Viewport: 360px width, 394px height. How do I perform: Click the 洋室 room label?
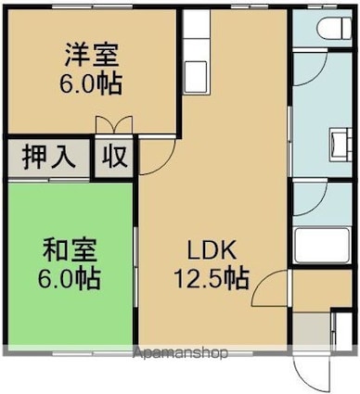click(x=92, y=56)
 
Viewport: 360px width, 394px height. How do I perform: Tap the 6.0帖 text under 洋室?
click(x=91, y=83)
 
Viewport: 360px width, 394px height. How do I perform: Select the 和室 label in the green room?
click(x=70, y=250)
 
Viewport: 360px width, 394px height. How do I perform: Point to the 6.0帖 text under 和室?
click(x=69, y=279)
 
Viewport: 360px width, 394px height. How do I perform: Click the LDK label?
click(x=212, y=250)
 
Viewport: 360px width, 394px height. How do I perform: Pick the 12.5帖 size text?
click(x=212, y=278)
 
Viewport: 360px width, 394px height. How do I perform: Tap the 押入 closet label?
click(x=49, y=157)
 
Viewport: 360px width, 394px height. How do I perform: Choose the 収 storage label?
click(x=115, y=157)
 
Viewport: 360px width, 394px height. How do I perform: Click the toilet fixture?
click(x=334, y=28)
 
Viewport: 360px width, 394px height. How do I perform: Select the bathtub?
click(x=323, y=246)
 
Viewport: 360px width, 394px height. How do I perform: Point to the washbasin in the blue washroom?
click(x=341, y=145)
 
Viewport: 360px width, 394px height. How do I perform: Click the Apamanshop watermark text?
click(x=181, y=352)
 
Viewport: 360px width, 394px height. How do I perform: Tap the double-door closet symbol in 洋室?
click(x=114, y=125)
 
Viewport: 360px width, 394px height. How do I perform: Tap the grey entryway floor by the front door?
click(x=311, y=331)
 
